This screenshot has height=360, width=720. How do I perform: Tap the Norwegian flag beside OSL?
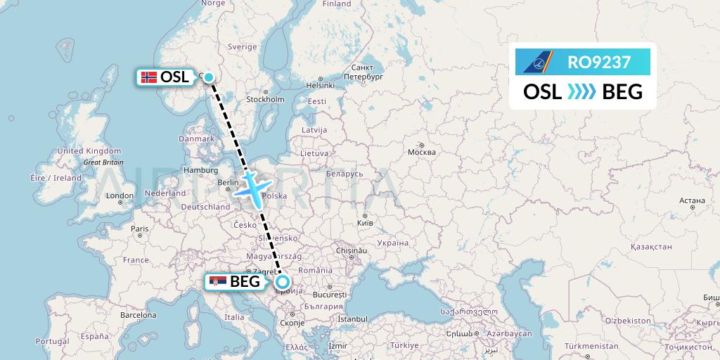coord(148,77)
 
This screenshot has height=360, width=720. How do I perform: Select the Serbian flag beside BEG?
coord(218,282)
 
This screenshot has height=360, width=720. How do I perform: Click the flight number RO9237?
coord(599,62)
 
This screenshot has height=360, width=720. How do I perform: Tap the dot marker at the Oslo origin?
coord(208,77)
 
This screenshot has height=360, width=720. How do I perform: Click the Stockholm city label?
coord(265,99)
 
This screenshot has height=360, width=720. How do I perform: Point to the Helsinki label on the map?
coord(320,85)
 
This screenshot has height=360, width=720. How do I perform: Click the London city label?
coord(120,196)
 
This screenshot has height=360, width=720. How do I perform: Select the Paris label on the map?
coord(140,229)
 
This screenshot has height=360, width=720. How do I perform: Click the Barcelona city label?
coord(138,316)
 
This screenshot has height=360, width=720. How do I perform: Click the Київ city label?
coord(364,223)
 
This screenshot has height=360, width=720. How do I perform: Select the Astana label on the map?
coord(693,200)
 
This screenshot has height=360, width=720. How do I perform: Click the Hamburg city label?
coord(199,170)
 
